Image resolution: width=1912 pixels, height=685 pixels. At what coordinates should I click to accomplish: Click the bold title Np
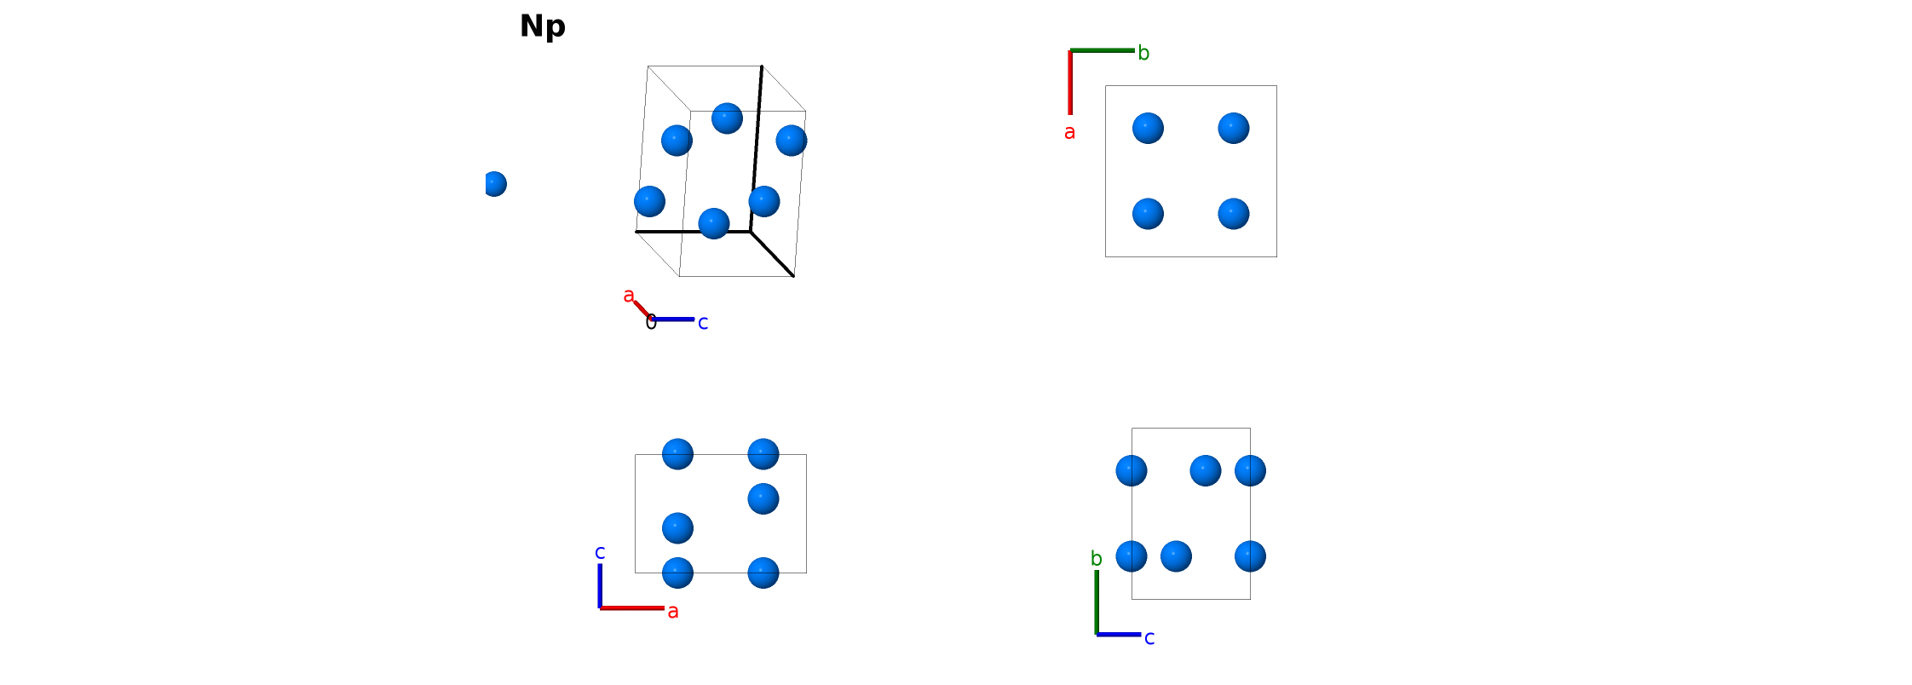pyautogui.click(x=543, y=26)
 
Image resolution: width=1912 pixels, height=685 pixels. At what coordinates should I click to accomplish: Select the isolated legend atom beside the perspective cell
pyautogui.click(x=494, y=184)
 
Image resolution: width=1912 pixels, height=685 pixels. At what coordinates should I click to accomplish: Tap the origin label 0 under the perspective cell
pyautogui.click(x=651, y=322)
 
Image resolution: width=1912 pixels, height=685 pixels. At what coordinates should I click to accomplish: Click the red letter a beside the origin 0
pyautogui.click(x=629, y=296)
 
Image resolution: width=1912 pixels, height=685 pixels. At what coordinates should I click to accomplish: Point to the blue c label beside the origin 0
pyautogui.click(x=703, y=323)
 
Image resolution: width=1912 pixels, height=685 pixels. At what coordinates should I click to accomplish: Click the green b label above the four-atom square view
pyautogui.click(x=1143, y=53)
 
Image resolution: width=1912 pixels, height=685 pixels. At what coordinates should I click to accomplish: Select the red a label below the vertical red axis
pyautogui.click(x=1069, y=132)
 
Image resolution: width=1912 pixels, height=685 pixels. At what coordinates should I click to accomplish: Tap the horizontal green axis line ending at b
pyautogui.click(x=1103, y=50)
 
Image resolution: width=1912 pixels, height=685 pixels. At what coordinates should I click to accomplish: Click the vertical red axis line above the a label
pyautogui.click(x=1070, y=82)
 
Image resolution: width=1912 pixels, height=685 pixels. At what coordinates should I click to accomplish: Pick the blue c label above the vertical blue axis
pyautogui.click(x=600, y=552)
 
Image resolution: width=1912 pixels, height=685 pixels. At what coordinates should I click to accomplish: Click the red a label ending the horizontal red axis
pyautogui.click(x=673, y=611)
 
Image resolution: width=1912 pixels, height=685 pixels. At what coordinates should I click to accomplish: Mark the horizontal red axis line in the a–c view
pyautogui.click(x=632, y=608)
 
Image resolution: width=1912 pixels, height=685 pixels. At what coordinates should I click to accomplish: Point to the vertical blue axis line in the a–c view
pyautogui.click(x=600, y=585)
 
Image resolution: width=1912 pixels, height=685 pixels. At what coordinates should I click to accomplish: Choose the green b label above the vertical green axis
pyautogui.click(x=1097, y=559)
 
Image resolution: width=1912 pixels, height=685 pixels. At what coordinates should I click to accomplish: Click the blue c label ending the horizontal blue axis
pyautogui.click(x=1149, y=638)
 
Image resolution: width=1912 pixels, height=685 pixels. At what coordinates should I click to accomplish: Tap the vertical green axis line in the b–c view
pyautogui.click(x=1097, y=602)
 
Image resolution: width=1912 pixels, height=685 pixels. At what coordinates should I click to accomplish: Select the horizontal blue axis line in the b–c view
pyautogui.click(x=1119, y=635)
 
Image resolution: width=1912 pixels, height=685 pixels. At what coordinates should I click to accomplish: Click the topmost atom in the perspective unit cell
pyautogui.click(x=727, y=118)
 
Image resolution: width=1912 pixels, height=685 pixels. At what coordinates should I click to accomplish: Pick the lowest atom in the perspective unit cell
pyautogui.click(x=714, y=223)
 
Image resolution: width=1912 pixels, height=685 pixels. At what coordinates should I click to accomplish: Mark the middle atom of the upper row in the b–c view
pyautogui.click(x=1206, y=470)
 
